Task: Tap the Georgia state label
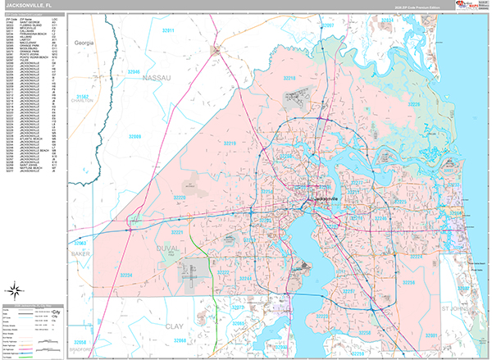coord(84,41)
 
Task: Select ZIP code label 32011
coord(169,30)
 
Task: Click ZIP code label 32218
coord(289,78)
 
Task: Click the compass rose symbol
coord(15,289)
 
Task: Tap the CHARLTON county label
coord(84,102)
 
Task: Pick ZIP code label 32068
coord(180,339)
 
